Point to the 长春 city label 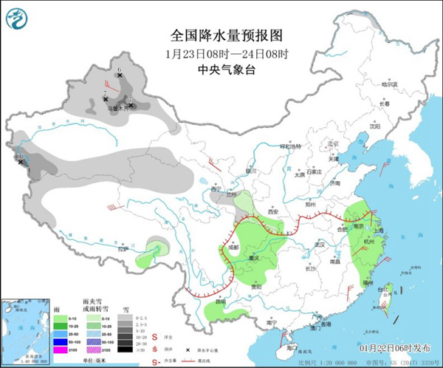coord(383,103)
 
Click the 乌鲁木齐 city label coord(118,109)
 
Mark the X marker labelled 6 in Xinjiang coord(120,75)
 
